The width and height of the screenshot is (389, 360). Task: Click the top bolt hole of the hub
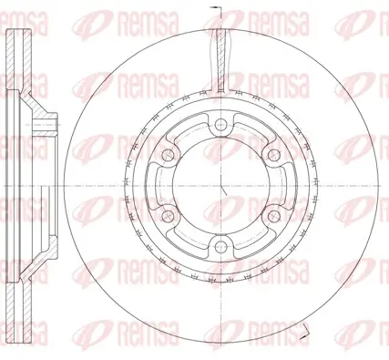click(220, 124)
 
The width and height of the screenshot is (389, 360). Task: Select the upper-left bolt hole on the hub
click(168, 155)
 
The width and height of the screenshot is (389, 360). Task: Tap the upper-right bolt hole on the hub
click(274, 155)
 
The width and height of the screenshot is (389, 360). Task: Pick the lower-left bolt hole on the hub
click(168, 216)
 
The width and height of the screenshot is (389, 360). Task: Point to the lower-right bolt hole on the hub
click(274, 216)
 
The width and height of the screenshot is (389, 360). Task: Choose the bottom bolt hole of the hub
click(220, 247)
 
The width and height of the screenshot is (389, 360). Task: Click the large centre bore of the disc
click(220, 186)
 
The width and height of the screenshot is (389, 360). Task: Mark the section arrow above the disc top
click(214, 7)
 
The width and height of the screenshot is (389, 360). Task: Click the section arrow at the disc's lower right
click(304, 331)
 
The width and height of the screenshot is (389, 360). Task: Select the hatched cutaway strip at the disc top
click(221, 60)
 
